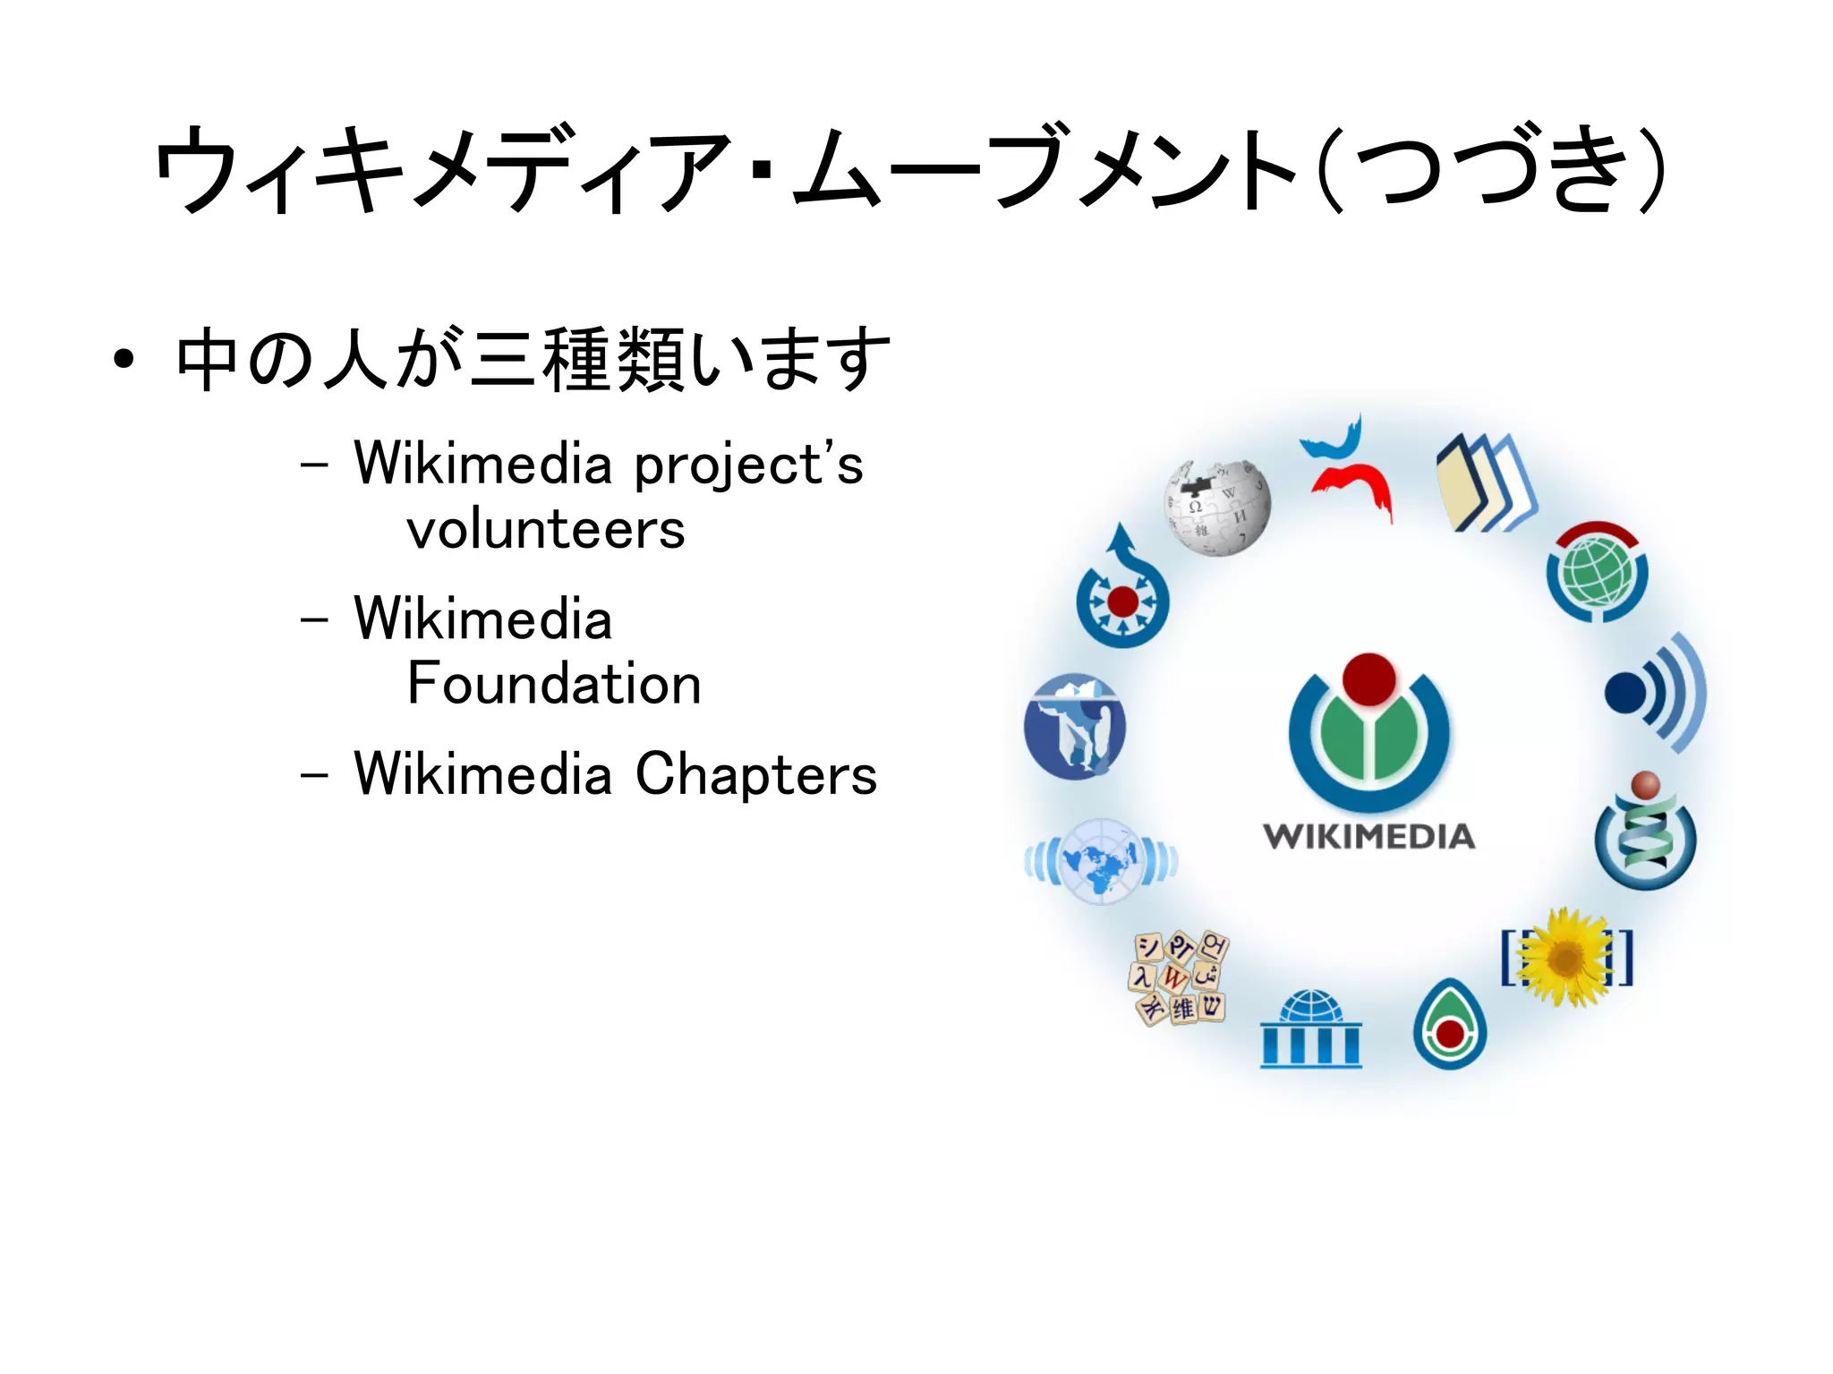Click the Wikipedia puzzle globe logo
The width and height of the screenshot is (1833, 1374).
click(x=1217, y=508)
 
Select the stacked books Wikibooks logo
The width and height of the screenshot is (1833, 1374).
click(x=1485, y=483)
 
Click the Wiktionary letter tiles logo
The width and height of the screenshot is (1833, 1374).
click(x=1180, y=977)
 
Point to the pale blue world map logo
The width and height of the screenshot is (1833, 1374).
click(x=1101, y=861)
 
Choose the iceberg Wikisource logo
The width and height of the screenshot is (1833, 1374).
click(x=1075, y=726)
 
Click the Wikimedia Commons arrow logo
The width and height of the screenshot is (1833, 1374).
click(x=1122, y=592)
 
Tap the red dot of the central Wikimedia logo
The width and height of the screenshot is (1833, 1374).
click(x=1368, y=679)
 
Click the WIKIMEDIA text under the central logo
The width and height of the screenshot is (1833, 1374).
click(x=1368, y=837)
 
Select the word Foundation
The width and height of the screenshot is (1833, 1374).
click(x=554, y=684)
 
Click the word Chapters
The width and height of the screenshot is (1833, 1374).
click(x=756, y=773)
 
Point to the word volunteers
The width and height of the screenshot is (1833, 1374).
click(x=546, y=529)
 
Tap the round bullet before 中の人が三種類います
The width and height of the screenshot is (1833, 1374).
click(x=124, y=360)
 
